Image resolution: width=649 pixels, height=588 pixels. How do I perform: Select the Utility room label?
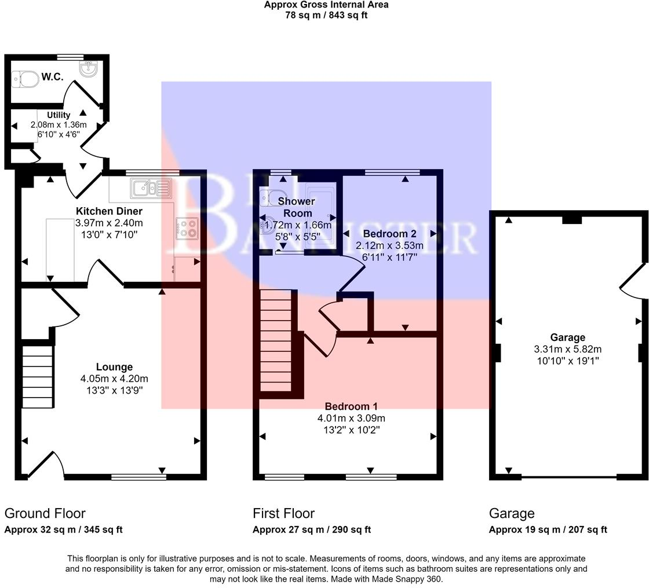59,115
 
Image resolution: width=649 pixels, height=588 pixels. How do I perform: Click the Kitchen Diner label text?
110,211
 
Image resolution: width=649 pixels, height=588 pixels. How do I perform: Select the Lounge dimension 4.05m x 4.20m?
114,378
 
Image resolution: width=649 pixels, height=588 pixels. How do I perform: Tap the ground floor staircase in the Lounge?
38,376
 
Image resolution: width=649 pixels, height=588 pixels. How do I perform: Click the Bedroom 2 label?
389,234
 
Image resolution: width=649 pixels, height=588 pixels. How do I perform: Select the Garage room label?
567,337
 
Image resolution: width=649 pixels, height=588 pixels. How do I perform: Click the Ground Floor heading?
45,513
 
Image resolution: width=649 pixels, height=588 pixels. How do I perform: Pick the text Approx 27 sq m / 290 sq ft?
311,530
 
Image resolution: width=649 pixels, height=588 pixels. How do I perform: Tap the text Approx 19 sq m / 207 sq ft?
548,530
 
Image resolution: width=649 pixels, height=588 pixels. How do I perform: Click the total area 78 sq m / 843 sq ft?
326,15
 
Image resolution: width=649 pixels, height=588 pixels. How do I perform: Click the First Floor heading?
283,513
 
